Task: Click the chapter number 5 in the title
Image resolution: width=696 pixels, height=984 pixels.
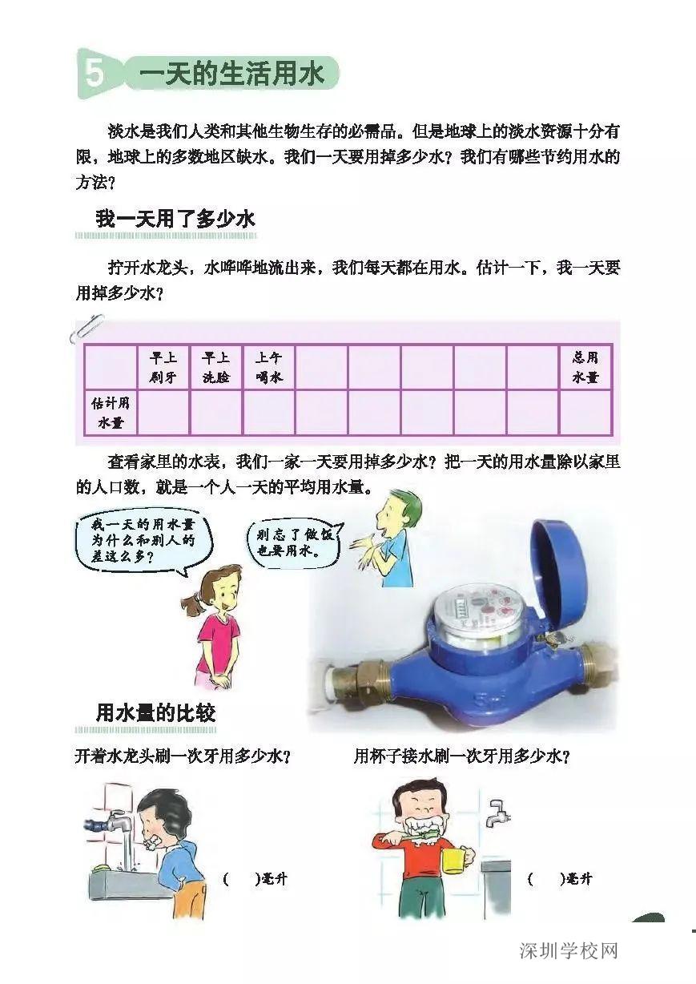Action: (x=95, y=75)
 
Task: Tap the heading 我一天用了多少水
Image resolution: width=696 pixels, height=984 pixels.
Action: (x=175, y=219)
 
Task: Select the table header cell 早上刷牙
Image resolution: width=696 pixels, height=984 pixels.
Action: (x=163, y=367)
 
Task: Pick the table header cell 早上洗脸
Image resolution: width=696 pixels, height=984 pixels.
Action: (x=215, y=367)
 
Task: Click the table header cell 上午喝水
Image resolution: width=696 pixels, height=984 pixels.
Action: (x=268, y=367)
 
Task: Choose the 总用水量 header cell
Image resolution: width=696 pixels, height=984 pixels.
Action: (x=585, y=367)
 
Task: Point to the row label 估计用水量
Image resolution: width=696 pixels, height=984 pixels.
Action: (x=111, y=412)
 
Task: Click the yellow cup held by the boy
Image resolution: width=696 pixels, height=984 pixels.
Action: (x=453, y=860)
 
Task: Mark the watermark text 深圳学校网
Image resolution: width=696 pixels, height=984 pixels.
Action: (x=569, y=951)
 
